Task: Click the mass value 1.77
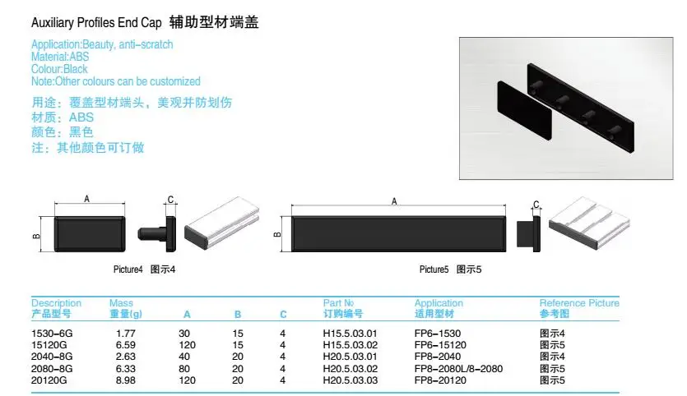pos(125,334)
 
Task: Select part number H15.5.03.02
pos(350,345)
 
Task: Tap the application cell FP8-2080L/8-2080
pos(457,368)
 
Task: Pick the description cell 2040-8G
pos(52,357)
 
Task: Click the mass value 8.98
pos(125,380)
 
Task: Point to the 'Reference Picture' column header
pos(579,303)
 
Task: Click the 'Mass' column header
pos(121,303)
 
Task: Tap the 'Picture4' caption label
pos(128,269)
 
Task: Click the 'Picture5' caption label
pos(434,269)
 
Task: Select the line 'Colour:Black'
pos(59,69)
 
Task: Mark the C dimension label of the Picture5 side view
pos(536,205)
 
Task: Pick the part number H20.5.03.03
pos(350,380)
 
